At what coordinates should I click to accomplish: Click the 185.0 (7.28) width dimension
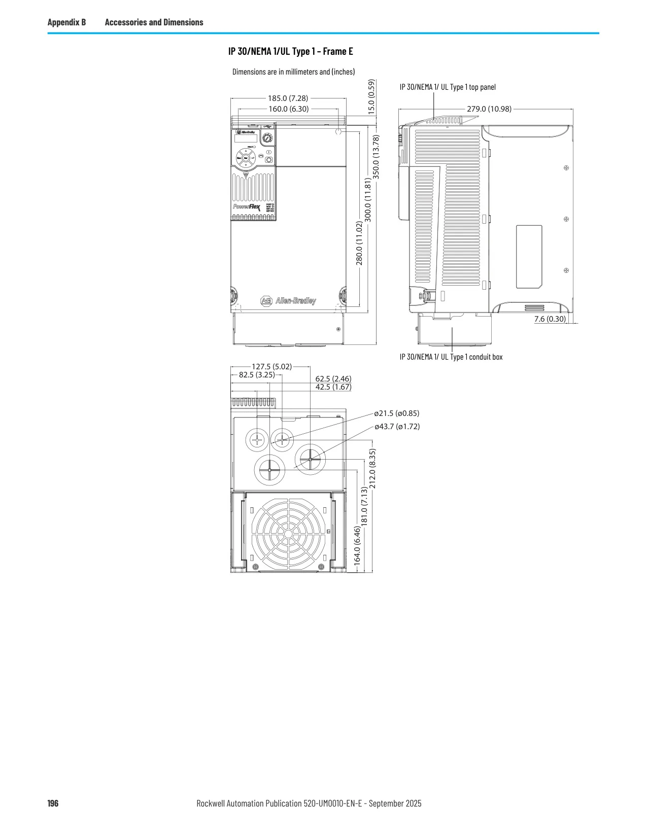pos(288,98)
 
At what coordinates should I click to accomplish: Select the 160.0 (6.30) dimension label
pos(289,109)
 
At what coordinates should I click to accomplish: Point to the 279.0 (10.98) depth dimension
pos(489,109)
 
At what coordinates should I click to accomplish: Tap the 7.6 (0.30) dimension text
pos(550,319)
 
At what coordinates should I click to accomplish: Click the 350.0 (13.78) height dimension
pos(376,157)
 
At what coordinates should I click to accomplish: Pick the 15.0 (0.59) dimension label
pos(371,97)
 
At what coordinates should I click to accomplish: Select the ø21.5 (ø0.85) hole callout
pos(396,413)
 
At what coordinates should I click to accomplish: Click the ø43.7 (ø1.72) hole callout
pos(397,427)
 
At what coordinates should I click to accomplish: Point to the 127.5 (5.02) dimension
pos(271,367)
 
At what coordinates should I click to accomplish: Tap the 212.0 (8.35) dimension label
pos(372,469)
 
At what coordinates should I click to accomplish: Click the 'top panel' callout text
pos(482,87)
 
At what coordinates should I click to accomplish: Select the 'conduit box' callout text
pos(486,357)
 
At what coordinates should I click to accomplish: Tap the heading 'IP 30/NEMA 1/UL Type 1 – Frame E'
pos(291,51)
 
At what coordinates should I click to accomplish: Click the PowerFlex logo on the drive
pos(247,207)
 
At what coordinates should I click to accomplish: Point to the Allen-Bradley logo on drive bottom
pos(288,301)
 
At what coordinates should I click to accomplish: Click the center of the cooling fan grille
pos(288,534)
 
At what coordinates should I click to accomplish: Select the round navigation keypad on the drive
pos(246,158)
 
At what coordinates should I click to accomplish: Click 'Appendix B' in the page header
pos(66,22)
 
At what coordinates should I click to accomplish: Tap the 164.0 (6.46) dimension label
pos(357,546)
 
